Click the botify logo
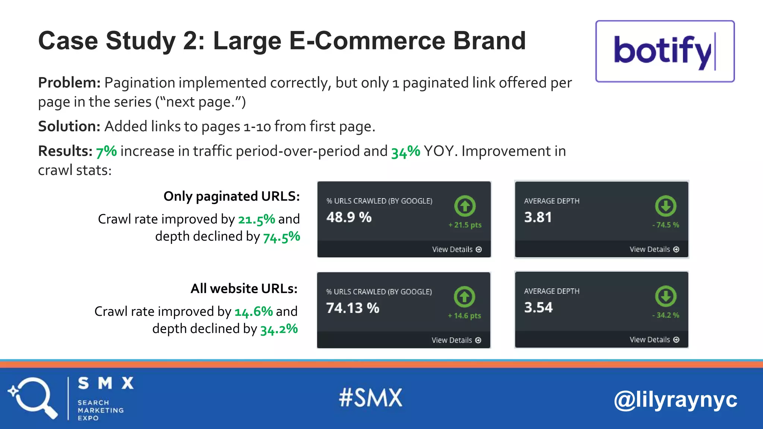tap(665, 51)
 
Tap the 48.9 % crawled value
tap(349, 217)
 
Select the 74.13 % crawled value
tap(352, 308)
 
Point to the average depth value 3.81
tap(538, 217)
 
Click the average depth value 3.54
tap(538, 307)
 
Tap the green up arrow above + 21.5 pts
tap(465, 206)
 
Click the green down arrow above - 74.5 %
tap(665, 206)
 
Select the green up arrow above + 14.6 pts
tap(464, 297)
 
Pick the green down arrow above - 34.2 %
tap(665, 296)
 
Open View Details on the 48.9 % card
tap(456, 250)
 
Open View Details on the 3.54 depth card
tap(654, 340)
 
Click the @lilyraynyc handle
tap(675, 400)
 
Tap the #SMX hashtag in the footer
tap(370, 397)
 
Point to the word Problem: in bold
tap(69, 83)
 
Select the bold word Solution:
tap(69, 127)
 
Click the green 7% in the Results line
tap(106, 152)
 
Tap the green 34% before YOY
tap(405, 152)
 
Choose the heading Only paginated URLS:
tap(231, 196)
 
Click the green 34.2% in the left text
tap(279, 329)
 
